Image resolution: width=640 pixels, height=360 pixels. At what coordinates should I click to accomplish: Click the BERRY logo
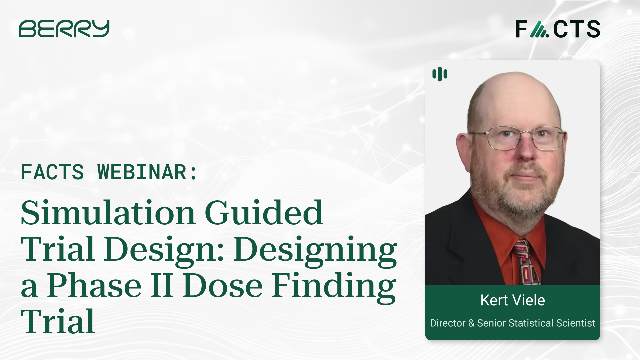coord(64,29)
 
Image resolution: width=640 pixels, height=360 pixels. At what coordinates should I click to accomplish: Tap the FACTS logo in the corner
coord(558,29)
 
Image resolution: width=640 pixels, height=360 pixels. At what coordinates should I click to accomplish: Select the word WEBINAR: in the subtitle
coord(147,172)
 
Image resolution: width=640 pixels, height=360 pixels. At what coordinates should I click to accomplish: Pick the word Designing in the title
coord(315,250)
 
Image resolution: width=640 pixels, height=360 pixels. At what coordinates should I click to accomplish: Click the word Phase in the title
coord(94,286)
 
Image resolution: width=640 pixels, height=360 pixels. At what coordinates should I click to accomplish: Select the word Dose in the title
coord(223,286)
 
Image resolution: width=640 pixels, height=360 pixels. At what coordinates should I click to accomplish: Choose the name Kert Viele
coord(512,300)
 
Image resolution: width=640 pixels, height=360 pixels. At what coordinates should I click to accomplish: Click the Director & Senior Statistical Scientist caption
coord(512,323)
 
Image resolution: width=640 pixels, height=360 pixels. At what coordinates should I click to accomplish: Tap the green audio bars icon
coord(440,74)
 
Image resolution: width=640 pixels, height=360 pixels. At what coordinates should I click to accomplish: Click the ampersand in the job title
coord(471,323)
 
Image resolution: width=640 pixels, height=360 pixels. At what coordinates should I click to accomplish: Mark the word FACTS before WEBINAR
coord(52,172)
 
